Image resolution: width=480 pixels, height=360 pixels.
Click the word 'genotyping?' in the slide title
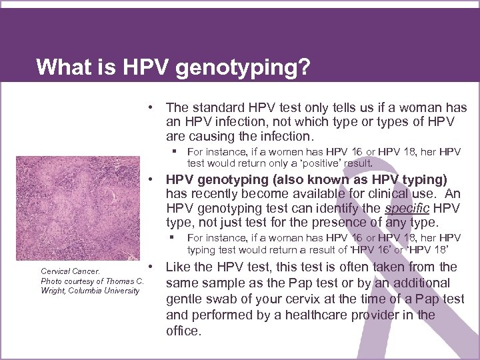(x=247, y=68)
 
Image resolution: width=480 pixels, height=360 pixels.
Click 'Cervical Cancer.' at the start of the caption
(x=70, y=271)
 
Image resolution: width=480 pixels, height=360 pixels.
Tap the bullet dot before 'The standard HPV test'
(x=153, y=107)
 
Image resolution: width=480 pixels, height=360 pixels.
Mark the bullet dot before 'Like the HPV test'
(x=153, y=267)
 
